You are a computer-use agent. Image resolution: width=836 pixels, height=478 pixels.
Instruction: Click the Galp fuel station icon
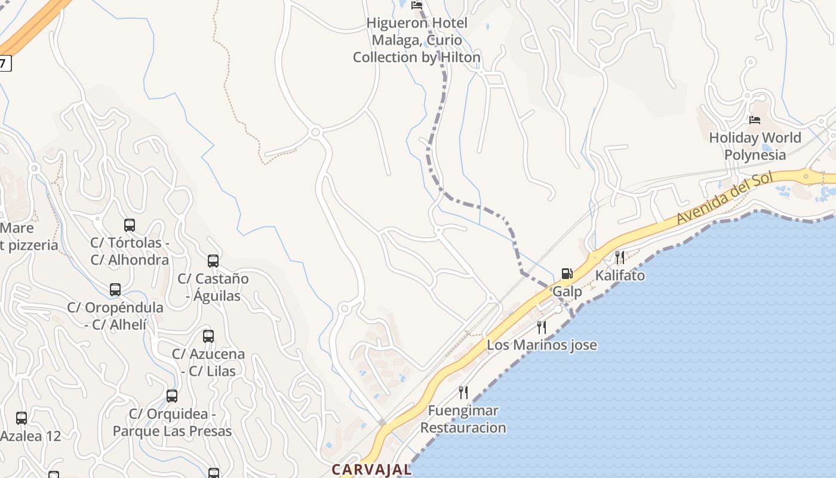[x=567, y=274]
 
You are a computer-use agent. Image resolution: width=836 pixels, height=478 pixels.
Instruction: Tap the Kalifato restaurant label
[x=620, y=275]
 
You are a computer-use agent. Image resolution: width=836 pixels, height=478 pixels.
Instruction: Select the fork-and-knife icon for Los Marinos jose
[x=542, y=327]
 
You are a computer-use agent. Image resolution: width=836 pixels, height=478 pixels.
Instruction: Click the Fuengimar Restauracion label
[x=463, y=419]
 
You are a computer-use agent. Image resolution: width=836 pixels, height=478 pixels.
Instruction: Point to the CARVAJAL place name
[x=371, y=470]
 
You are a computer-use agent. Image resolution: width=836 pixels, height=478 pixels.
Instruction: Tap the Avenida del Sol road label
[x=724, y=198]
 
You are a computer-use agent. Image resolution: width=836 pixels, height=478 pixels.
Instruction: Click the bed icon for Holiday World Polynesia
[x=755, y=120]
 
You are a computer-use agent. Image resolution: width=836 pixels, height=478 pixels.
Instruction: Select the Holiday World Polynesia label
[x=755, y=146]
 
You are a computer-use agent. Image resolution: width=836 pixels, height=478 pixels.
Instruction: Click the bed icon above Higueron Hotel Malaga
[x=417, y=5]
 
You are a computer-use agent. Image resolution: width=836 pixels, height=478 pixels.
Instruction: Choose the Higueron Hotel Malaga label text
[x=417, y=40]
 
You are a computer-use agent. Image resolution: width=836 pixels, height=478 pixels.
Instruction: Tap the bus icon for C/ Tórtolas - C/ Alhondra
[x=130, y=225]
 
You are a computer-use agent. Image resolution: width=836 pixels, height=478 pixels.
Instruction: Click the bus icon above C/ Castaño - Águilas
[x=213, y=261]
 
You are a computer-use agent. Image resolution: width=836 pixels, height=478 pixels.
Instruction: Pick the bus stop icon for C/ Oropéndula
[x=115, y=290]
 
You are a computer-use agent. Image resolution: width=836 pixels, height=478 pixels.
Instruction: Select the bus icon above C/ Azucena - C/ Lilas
[x=208, y=336]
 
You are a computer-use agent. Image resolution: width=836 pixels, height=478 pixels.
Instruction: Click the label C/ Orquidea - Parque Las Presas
[x=172, y=422]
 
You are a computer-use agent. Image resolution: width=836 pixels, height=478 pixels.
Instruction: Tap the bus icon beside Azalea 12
[x=21, y=418]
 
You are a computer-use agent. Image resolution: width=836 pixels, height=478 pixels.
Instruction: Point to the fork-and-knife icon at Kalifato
[x=620, y=258]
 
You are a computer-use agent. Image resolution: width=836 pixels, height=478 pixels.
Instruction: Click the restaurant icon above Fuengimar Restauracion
[x=463, y=393]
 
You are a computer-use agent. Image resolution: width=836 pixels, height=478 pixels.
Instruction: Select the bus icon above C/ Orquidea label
[x=172, y=396]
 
